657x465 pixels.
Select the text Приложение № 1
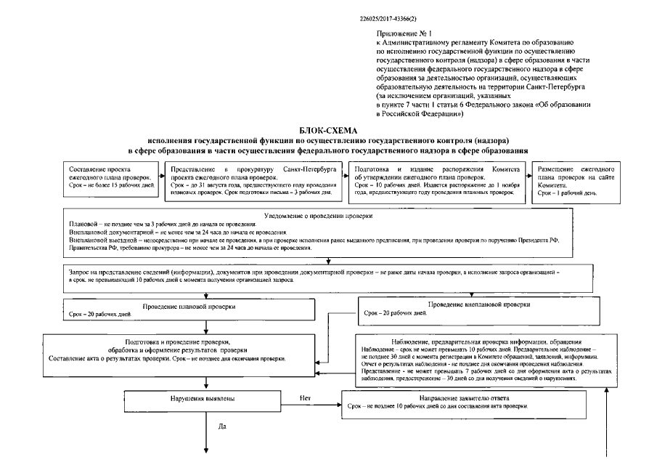click(401, 33)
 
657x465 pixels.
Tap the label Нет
click(306, 398)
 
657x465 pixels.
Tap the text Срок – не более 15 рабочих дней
click(113, 185)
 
